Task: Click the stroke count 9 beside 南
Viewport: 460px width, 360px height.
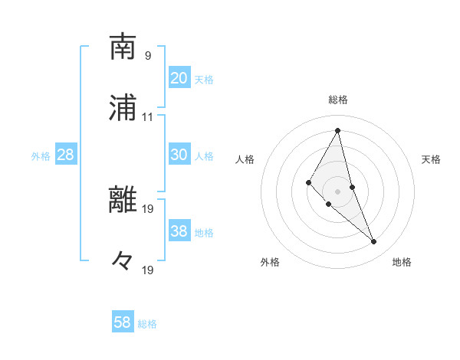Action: [x=148, y=55]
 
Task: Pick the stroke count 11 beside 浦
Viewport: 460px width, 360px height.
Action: [x=148, y=117]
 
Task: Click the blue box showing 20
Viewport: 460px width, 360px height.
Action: [x=179, y=77]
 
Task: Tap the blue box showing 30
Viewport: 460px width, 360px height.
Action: [x=179, y=154]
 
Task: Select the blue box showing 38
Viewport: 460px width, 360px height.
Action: [x=179, y=231]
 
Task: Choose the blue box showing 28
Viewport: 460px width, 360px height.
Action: [x=66, y=155]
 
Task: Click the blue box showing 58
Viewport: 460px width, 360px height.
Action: [x=123, y=322]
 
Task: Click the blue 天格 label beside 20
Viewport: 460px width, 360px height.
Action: [x=204, y=79]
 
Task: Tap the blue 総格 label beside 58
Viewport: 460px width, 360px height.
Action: [x=147, y=324]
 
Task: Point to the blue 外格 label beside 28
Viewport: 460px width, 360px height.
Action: [x=41, y=156]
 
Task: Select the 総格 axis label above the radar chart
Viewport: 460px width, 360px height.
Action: [x=338, y=100]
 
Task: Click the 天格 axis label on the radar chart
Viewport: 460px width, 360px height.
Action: [x=432, y=159]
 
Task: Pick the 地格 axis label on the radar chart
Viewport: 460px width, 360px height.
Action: [x=402, y=262]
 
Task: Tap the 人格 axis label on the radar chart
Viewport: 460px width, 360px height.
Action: [x=245, y=159]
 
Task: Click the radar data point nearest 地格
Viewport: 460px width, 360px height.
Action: [x=374, y=242]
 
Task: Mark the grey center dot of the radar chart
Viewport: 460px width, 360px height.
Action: [x=338, y=191]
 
